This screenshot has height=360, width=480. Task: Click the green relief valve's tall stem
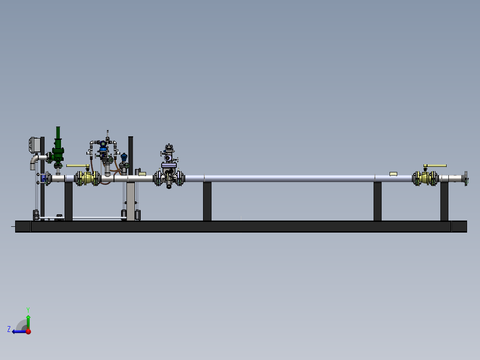tap(58, 133)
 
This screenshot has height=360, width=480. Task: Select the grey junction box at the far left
tap(35, 145)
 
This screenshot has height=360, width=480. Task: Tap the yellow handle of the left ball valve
tap(77, 166)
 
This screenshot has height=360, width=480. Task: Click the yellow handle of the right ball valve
tap(435, 166)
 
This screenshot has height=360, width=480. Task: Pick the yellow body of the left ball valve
tap(88, 178)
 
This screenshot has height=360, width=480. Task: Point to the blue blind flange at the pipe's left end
tap(44, 178)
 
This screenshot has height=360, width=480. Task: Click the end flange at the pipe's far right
tap(466, 178)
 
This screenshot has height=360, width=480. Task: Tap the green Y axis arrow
tap(28, 322)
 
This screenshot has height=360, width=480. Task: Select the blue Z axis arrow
tap(20, 331)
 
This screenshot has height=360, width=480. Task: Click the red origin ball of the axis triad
tap(28, 331)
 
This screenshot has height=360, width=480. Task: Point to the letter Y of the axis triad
tap(28, 310)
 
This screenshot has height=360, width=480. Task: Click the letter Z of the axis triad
tap(9, 329)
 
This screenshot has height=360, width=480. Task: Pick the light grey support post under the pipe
tap(131, 201)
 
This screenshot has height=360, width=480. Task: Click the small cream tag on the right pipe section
tap(393, 174)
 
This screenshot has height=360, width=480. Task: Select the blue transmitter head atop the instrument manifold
tap(103, 147)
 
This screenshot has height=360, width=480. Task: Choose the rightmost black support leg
tap(444, 201)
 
